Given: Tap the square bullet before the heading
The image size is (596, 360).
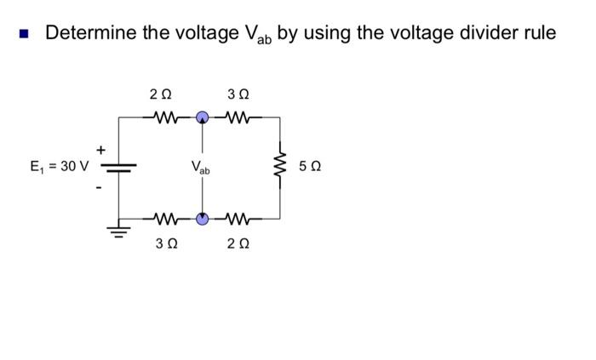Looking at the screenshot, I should point(25,34).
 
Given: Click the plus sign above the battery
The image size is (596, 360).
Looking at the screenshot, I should point(102,150).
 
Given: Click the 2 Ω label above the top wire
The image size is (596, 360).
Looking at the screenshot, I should point(159,94).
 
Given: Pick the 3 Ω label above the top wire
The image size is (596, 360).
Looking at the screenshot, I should point(238,94).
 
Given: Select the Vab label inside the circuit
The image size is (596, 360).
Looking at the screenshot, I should point(202,167).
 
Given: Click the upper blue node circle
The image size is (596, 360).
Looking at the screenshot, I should point(202,118).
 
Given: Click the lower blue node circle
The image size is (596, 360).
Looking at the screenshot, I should point(202,218).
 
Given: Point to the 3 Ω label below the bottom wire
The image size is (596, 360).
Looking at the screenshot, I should point(164,244).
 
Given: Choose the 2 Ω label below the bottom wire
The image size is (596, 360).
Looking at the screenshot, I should point(238,244).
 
